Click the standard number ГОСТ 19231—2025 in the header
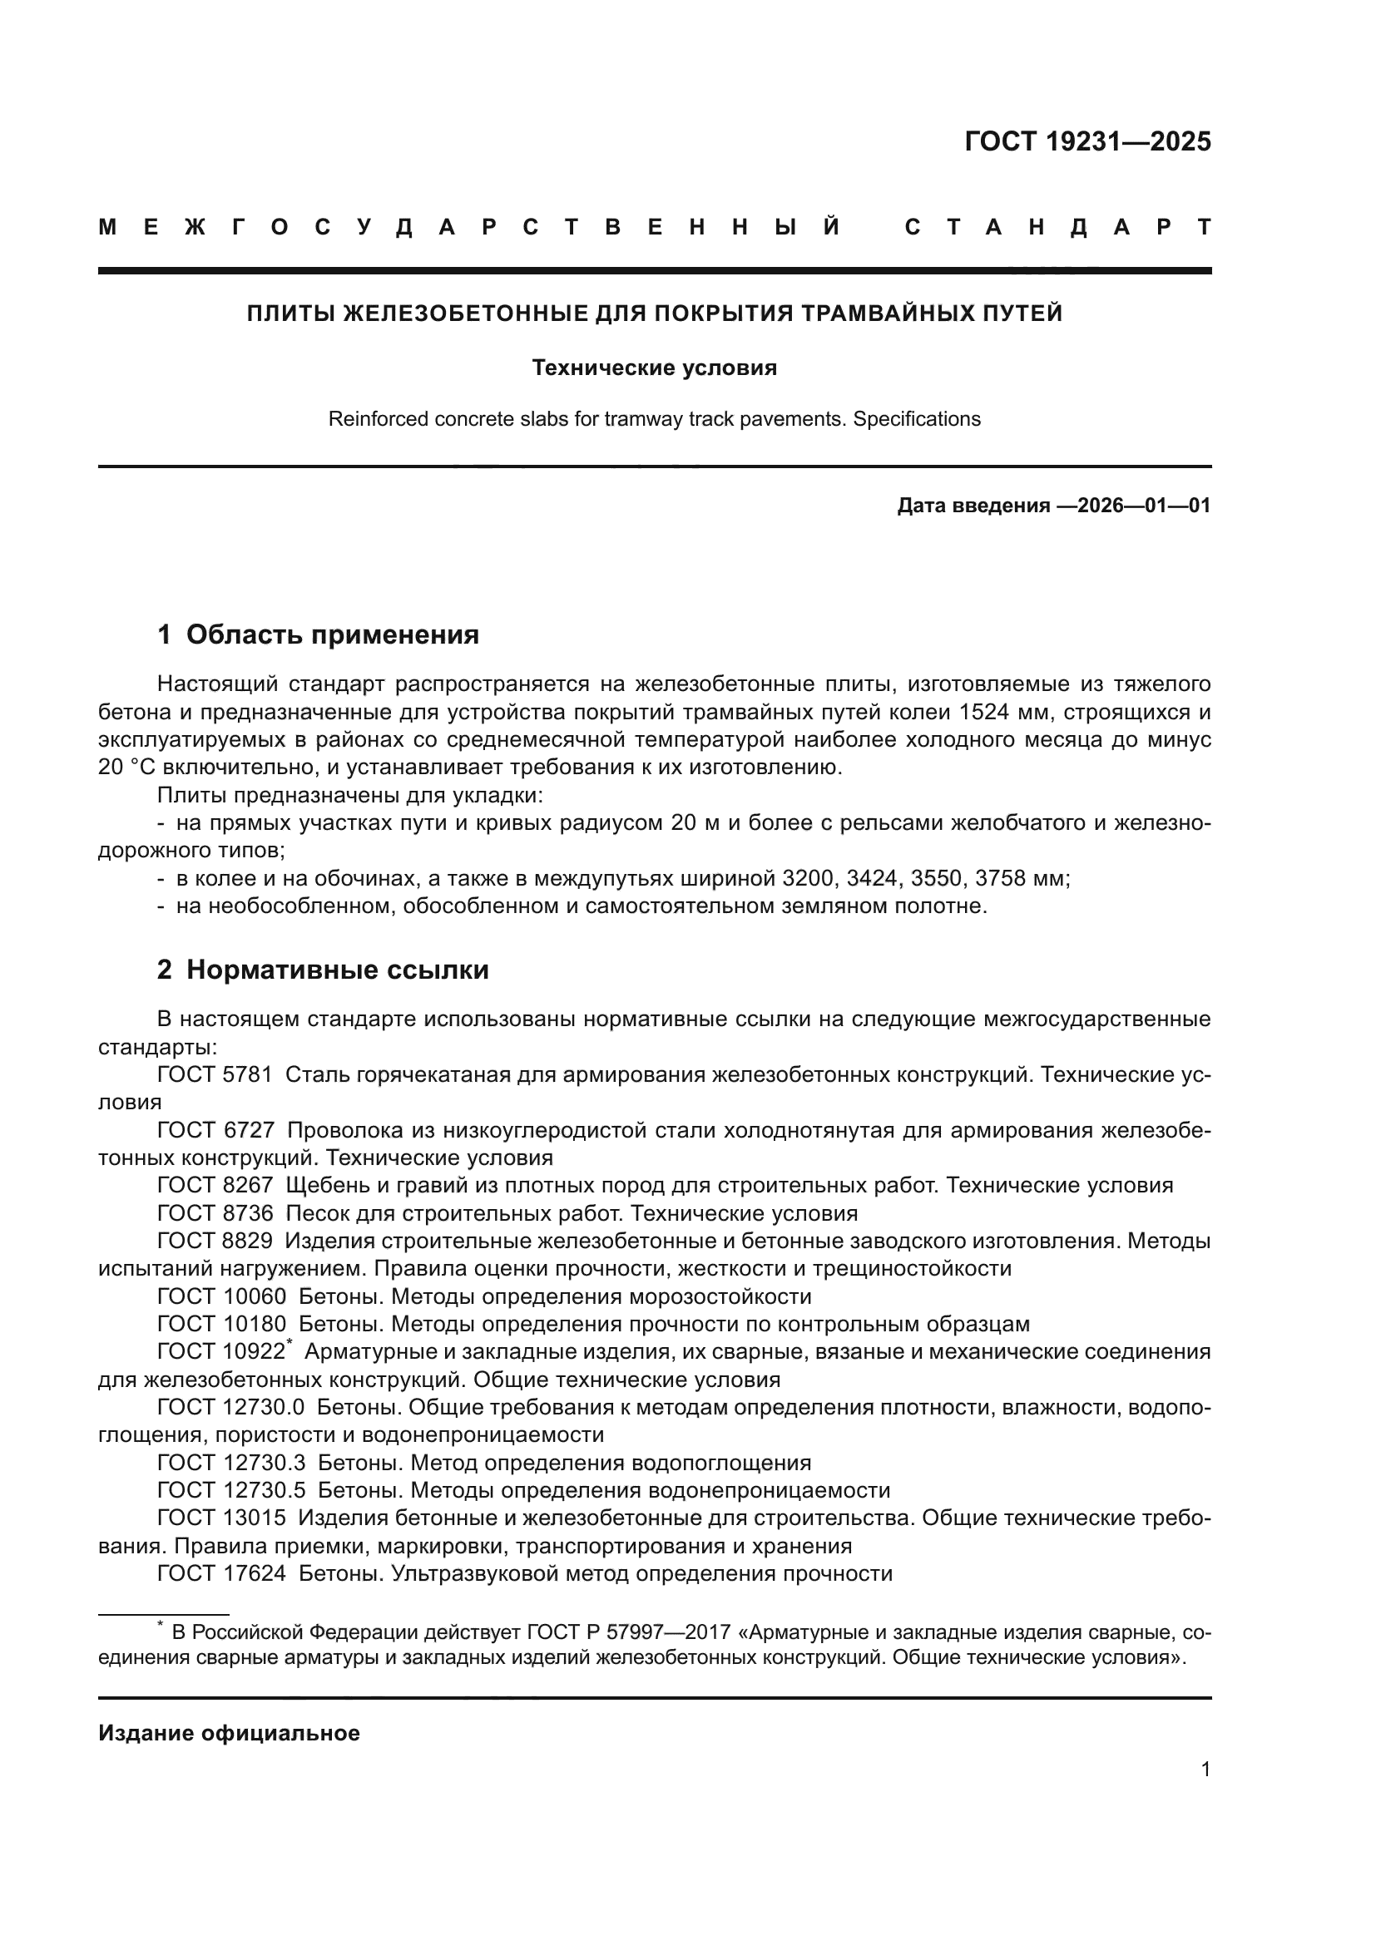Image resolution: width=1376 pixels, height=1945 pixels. click(1087, 141)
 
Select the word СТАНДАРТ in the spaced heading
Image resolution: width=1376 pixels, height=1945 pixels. click(1057, 228)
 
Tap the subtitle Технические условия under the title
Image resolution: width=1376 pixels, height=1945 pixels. click(654, 368)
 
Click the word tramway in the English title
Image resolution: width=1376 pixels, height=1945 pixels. click(636, 419)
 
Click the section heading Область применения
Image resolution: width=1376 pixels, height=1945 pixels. click(332, 634)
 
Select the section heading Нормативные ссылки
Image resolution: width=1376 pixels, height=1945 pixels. click(337, 970)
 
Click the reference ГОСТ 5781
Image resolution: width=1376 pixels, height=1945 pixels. click(215, 1075)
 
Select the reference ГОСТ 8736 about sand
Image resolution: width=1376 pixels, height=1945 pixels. click(215, 1214)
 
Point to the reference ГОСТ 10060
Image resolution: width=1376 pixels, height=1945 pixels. click(222, 1297)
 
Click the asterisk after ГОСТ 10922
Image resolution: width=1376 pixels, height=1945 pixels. click(290, 1344)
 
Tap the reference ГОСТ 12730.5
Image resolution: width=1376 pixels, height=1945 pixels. click(230, 1490)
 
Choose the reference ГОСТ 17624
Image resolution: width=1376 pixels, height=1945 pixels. click(222, 1574)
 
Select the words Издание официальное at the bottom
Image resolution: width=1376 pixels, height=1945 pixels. click(229, 1733)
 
